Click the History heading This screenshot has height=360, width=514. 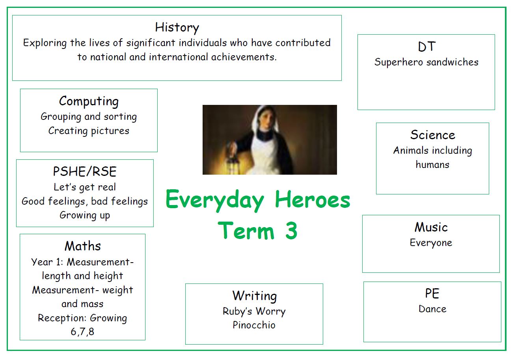pos(177,28)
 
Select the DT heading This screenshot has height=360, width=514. pos(426,47)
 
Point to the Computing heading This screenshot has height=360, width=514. pos(89,101)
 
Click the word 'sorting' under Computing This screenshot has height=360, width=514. pos(120,117)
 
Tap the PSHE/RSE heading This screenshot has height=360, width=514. pos(85,171)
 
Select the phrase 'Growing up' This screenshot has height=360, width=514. pos(85,215)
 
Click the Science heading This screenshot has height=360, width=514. pos(432,134)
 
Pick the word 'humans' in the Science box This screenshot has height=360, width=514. pos(432,164)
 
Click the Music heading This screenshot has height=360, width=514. pos(431,227)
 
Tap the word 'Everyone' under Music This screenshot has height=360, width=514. pos(431,243)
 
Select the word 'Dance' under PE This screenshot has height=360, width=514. pos(432,309)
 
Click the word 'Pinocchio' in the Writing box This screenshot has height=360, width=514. pos(254,325)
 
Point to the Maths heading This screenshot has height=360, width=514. pos(83,246)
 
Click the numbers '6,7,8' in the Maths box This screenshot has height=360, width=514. pos(82,332)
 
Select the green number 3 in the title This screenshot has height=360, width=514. pos(291,231)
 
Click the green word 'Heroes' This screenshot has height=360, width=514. pos(313,200)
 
